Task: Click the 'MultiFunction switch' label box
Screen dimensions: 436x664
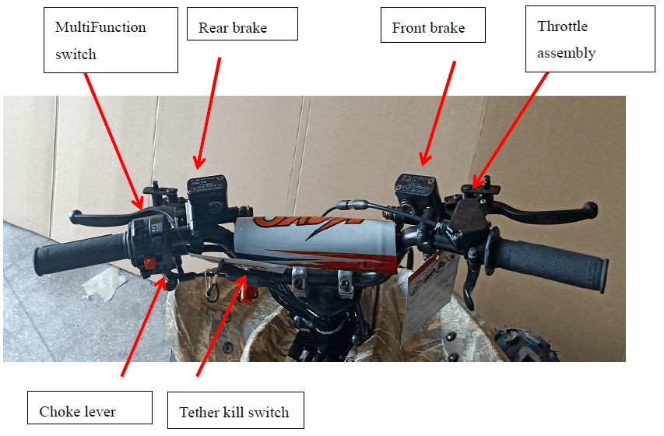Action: [x=111, y=40]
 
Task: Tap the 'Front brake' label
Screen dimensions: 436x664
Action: [x=433, y=25]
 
